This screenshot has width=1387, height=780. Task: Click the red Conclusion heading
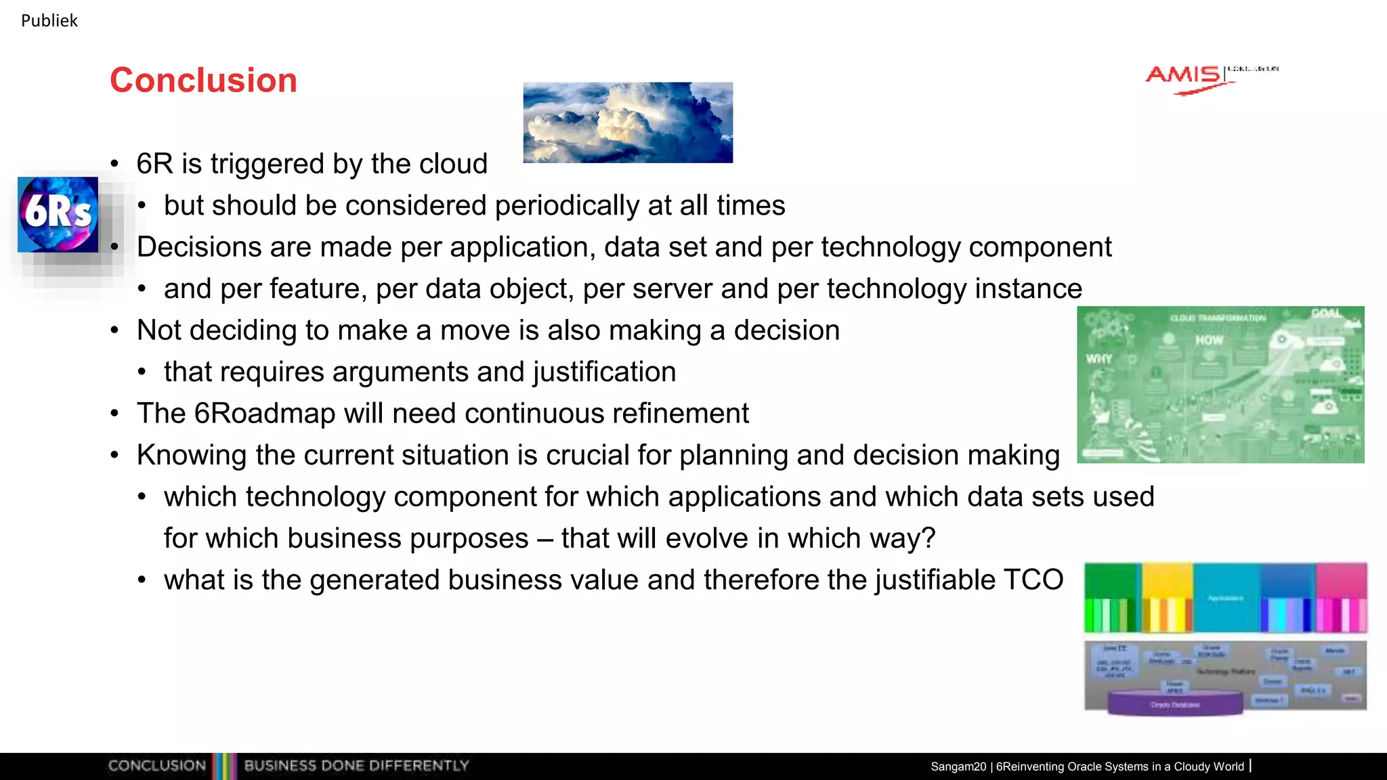pyautogui.click(x=203, y=80)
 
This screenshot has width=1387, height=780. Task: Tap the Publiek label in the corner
pyautogui.click(x=49, y=21)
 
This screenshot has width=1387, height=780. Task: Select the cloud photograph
pyautogui.click(x=628, y=123)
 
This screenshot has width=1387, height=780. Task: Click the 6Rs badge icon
pyautogui.click(x=58, y=214)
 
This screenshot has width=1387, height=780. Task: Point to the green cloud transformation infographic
pyautogui.click(x=1220, y=385)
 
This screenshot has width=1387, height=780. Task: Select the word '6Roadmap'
pyautogui.click(x=264, y=414)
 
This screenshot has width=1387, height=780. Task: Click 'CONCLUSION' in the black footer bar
pyautogui.click(x=157, y=766)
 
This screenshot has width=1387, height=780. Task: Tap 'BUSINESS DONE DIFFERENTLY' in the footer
pyautogui.click(x=356, y=766)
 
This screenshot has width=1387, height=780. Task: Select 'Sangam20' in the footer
pyautogui.click(x=958, y=766)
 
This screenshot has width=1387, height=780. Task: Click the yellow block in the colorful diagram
pyautogui.click(x=1167, y=596)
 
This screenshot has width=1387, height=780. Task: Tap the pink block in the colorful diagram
pyautogui.click(x=1342, y=596)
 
